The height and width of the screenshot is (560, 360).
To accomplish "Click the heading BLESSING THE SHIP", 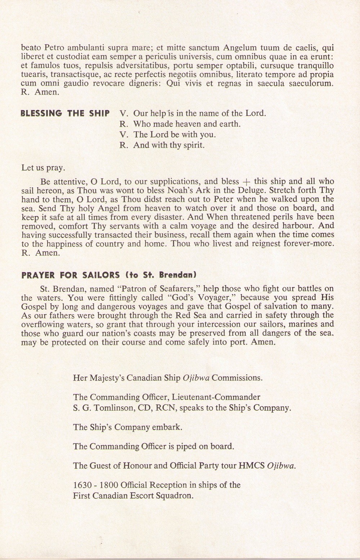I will [x=65, y=113].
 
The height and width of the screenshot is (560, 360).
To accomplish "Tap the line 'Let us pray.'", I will [x=43, y=168].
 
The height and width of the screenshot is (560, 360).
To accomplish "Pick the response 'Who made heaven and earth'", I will [x=186, y=124].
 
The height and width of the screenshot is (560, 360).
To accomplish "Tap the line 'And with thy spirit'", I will [x=168, y=146].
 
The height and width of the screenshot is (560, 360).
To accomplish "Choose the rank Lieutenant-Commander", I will [x=216, y=397].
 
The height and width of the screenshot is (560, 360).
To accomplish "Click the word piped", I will [x=187, y=447].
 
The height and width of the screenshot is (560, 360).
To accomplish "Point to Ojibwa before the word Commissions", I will [x=196, y=378].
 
